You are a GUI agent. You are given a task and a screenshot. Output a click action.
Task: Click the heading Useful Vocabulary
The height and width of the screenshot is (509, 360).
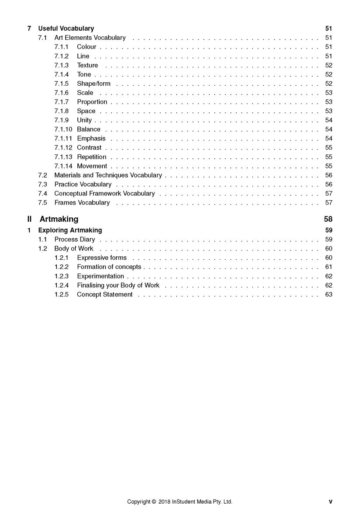click(66, 28)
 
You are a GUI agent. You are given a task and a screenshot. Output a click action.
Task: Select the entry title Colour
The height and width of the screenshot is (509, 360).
click(87, 47)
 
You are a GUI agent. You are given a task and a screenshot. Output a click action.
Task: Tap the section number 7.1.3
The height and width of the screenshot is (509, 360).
click(62, 65)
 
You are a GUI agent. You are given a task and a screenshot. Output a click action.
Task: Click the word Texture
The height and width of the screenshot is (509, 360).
click(87, 65)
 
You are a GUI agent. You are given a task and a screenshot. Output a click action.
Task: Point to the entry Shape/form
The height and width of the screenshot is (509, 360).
click(94, 84)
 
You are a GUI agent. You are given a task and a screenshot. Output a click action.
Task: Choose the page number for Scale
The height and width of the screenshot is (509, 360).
click(329, 93)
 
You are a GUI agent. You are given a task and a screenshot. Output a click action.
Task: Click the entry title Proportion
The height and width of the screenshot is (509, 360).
click(92, 102)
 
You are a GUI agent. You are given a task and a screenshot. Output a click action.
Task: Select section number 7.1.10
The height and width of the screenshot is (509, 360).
click(63, 129)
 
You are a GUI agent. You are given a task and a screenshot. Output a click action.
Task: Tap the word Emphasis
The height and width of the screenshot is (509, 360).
click(91, 139)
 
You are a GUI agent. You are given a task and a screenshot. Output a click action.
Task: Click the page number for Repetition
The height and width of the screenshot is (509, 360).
click(329, 157)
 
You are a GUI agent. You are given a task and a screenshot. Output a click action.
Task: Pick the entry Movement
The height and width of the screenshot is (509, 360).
click(92, 166)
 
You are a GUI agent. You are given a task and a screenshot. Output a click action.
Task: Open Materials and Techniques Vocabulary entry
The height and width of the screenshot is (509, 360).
click(108, 175)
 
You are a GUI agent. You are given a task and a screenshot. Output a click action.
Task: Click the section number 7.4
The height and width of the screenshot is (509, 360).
click(42, 193)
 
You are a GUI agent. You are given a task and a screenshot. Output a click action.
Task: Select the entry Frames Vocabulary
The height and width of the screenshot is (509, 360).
click(82, 202)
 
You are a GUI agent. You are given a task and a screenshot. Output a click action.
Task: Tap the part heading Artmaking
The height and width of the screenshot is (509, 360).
click(59, 219)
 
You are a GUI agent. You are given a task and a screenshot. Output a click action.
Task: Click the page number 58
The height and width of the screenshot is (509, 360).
click(328, 219)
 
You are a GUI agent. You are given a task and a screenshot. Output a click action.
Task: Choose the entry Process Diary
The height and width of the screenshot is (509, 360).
click(75, 239)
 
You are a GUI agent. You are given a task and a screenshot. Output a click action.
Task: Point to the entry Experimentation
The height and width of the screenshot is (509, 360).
click(101, 276)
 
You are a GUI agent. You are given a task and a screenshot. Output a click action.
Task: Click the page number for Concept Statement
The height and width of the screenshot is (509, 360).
click(329, 295)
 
